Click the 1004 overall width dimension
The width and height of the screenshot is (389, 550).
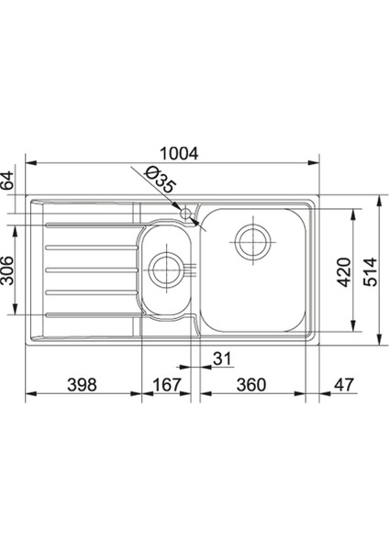pos(179,153)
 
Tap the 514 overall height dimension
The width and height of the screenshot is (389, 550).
pos(370,271)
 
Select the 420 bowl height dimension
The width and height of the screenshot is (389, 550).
pos(344,272)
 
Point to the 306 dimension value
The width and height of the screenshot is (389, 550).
pos(6,270)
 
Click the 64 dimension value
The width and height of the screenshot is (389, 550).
pos(6,180)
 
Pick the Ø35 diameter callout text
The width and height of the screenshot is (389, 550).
pos(160,180)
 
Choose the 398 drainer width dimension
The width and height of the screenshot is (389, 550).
pos(82,384)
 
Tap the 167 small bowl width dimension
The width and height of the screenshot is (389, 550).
pos(166,384)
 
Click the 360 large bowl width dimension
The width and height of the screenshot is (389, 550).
pos(251,384)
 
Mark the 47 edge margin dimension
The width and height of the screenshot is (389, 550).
pos(343,384)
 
